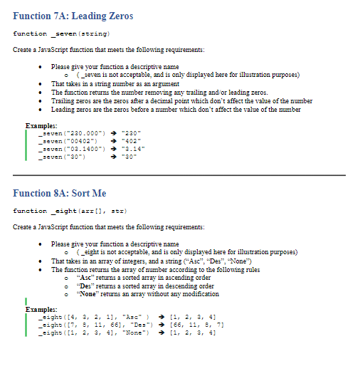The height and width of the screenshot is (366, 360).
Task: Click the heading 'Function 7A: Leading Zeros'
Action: click(73, 16)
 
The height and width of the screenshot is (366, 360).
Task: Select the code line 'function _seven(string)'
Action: click(61, 33)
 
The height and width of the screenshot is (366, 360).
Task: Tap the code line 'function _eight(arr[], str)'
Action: click(70, 210)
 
